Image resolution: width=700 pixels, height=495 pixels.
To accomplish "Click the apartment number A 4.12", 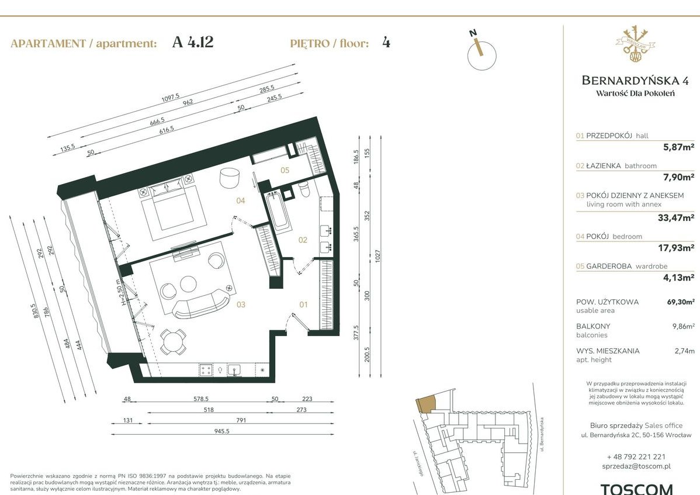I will tap(193, 43).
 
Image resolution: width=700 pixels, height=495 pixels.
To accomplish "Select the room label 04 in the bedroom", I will tap(240, 200).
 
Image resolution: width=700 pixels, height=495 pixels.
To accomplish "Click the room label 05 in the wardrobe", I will tap(285, 171).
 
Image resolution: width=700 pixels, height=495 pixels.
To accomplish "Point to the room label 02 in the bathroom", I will tap(303, 240).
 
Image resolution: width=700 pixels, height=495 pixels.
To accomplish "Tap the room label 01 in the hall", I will tap(303, 304).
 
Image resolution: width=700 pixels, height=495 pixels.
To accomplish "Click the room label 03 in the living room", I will tap(240, 304).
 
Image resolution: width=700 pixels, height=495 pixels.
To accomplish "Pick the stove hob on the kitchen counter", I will tap(206, 369).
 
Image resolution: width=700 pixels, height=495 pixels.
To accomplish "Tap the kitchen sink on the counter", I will tap(235, 369).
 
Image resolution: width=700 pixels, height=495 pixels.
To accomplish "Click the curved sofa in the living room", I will tap(202, 304).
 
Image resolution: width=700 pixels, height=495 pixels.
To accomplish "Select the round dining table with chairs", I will tap(174, 341).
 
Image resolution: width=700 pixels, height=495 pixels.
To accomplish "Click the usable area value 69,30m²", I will tap(681, 302).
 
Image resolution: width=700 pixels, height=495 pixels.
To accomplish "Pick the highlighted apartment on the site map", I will tap(425, 404).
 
